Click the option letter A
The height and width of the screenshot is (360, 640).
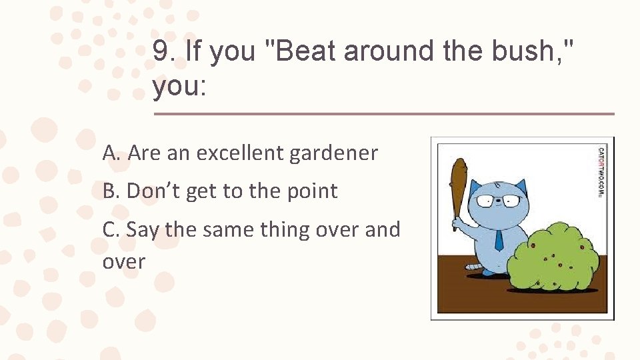pyautogui.click(x=111, y=153)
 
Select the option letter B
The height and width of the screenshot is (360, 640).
pyautogui.click(x=111, y=191)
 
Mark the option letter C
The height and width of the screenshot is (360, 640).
pyautogui.click(x=111, y=230)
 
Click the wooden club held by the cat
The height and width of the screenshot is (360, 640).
pyautogui.click(x=458, y=187)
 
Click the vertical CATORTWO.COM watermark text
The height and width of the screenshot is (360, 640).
pyautogui.click(x=601, y=172)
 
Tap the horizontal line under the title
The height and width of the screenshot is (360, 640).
pyautogui.click(x=383, y=114)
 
